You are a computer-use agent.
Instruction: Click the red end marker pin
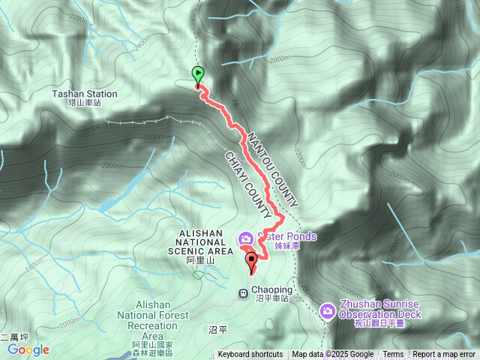coord(251,262)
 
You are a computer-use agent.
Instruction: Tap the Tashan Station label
coord(85,94)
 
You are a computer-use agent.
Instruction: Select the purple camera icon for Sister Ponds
coord(245,238)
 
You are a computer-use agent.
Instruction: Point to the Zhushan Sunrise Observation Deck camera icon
coord(327,310)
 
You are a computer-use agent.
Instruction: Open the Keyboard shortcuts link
coord(250,355)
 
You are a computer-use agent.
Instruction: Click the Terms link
coord(393,355)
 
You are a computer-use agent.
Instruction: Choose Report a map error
coord(445,355)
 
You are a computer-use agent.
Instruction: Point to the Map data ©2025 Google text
coord(333,355)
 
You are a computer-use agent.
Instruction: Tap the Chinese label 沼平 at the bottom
coord(217,329)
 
